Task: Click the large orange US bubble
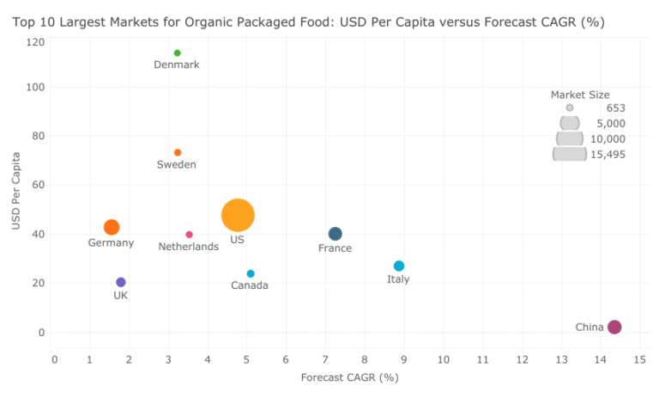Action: pyautogui.click(x=238, y=215)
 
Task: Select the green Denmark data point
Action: pyautogui.click(x=177, y=53)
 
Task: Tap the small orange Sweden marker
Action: pyautogui.click(x=178, y=153)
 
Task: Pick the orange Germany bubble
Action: pyautogui.click(x=112, y=228)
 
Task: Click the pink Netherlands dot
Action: pyautogui.click(x=190, y=235)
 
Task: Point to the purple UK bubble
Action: pyautogui.click(x=121, y=282)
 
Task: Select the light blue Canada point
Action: pyautogui.click(x=251, y=274)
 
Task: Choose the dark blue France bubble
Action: pyautogui.click(x=336, y=234)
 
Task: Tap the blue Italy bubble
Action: pyautogui.click(x=399, y=266)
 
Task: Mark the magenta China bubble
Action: pyautogui.click(x=614, y=327)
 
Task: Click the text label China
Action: pyautogui.click(x=589, y=328)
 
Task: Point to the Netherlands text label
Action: pyautogui.click(x=189, y=248)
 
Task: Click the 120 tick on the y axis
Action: pyautogui.click(x=35, y=41)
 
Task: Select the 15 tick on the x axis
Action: pyautogui.click(x=639, y=359)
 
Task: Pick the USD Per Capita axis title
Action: pyautogui.click(x=16, y=191)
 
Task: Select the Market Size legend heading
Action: pyautogui.click(x=580, y=95)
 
